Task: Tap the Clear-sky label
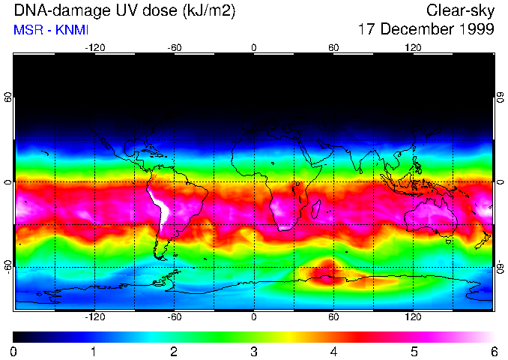(460, 11)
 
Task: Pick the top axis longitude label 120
(413, 47)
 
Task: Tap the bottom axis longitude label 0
(254, 317)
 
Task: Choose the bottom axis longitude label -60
(174, 317)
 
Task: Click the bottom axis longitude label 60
(333, 317)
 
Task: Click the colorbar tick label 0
(14, 351)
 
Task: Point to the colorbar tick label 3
(254, 351)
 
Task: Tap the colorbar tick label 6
(494, 351)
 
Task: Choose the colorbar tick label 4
(334, 351)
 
